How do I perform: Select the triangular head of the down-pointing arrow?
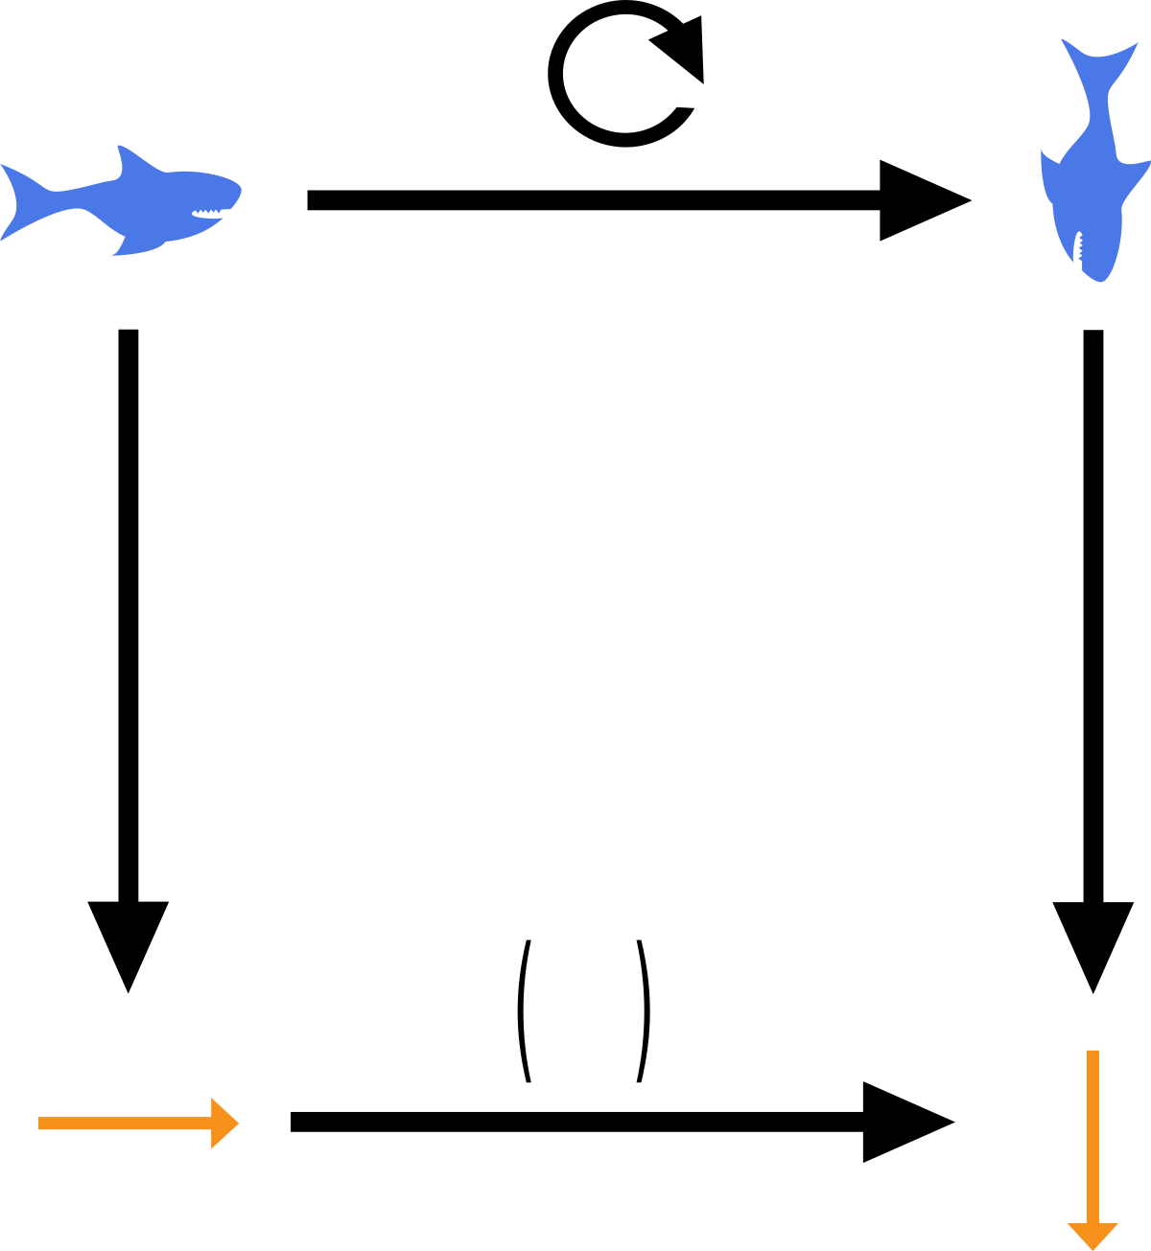coord(1092,1235)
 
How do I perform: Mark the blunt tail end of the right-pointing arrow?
coord(41,1124)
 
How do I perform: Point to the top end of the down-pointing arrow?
coord(1092,1053)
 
